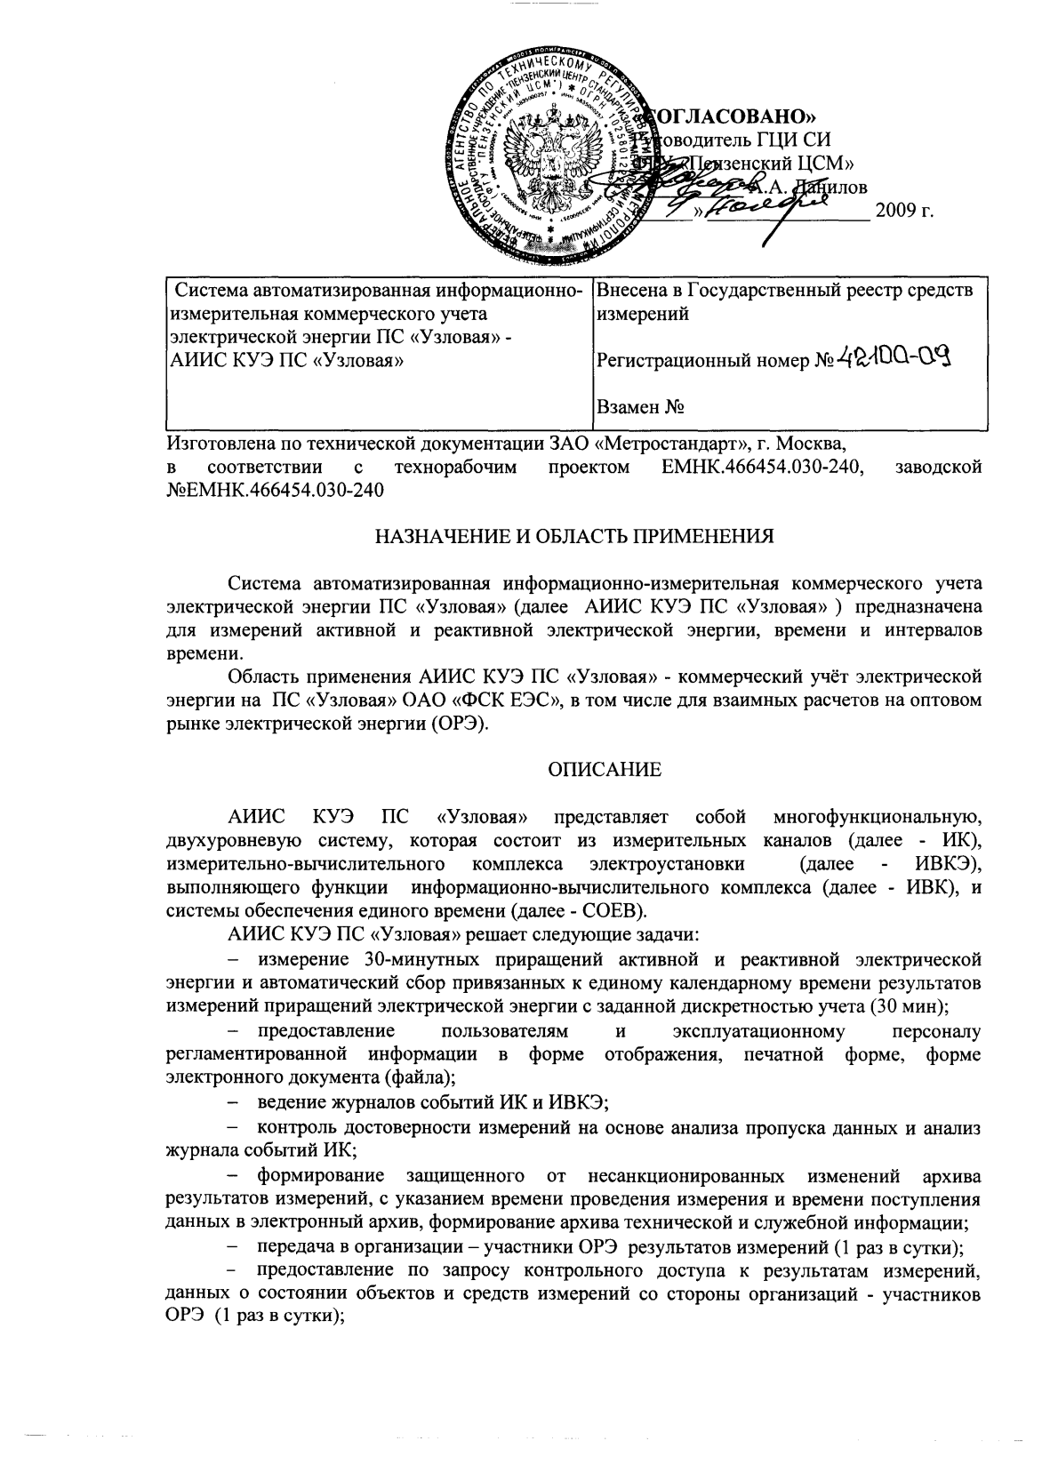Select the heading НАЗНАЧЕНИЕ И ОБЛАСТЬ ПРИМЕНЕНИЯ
point(573,536)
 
